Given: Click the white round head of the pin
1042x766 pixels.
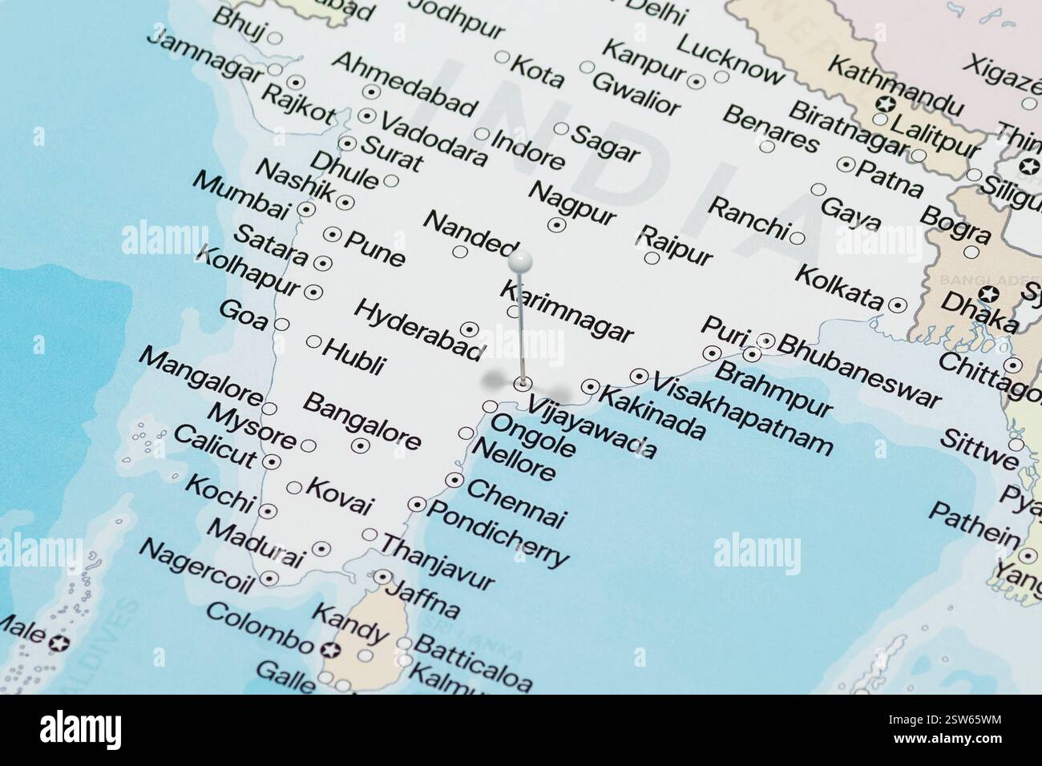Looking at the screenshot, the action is (520, 260).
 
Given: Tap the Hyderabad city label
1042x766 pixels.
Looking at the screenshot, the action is (418, 329).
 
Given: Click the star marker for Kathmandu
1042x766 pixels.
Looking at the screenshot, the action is (886, 103).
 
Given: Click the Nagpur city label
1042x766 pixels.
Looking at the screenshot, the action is (573, 203).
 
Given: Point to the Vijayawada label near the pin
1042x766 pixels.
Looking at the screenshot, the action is (592, 429).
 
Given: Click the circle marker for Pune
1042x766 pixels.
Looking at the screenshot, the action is (332, 236).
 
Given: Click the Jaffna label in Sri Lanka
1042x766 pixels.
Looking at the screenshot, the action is (423, 600).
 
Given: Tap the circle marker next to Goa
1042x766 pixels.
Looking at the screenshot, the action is (281, 325).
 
